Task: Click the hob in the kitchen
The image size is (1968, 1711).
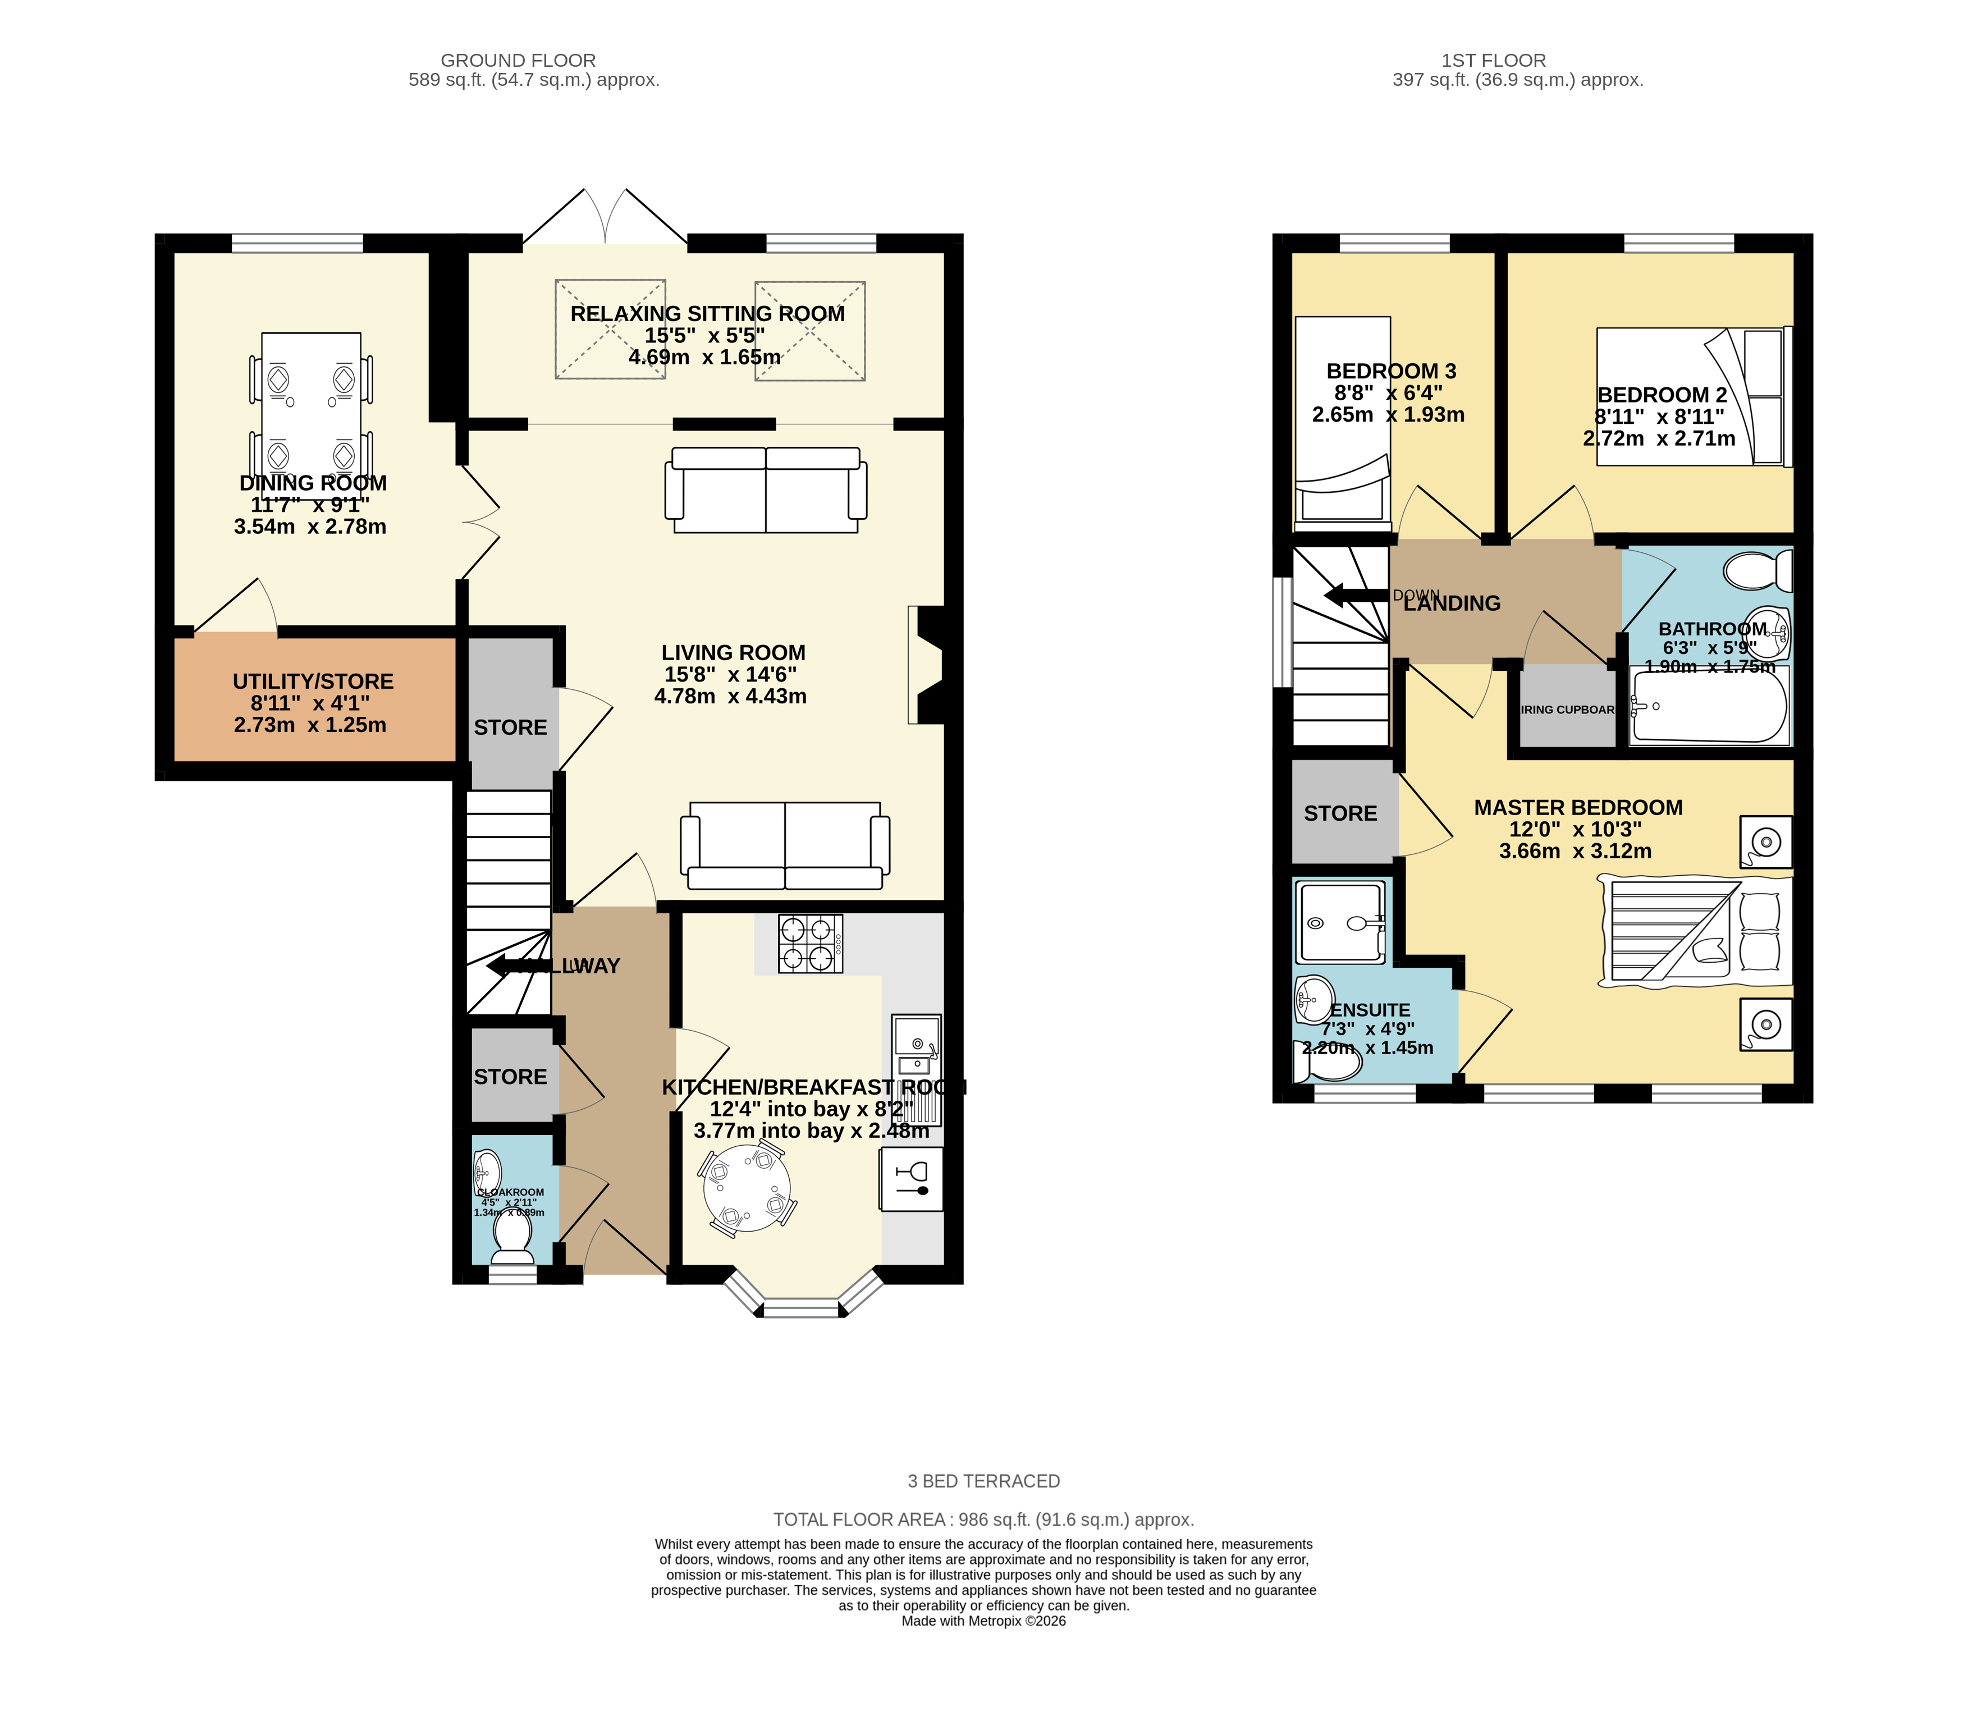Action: point(811,943)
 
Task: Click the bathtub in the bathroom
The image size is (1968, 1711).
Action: point(1709,707)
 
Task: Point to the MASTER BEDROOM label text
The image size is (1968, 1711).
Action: point(1577,808)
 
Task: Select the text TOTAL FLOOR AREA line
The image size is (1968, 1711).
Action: point(982,1519)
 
